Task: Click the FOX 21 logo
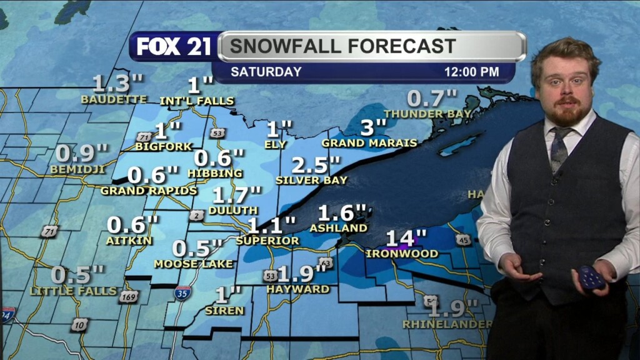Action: point(174,47)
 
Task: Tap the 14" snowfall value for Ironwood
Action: point(406,238)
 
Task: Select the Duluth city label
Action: point(232,211)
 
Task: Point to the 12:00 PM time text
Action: point(471,72)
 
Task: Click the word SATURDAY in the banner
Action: point(266,72)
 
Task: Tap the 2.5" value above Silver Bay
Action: point(316,166)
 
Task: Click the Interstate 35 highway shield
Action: point(182,292)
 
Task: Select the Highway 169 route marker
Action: point(129,297)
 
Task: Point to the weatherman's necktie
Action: point(558,149)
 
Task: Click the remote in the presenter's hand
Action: point(590,277)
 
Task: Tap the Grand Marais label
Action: point(369,143)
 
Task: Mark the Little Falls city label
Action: point(73,291)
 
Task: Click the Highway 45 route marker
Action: point(462,240)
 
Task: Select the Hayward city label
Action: point(297,289)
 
